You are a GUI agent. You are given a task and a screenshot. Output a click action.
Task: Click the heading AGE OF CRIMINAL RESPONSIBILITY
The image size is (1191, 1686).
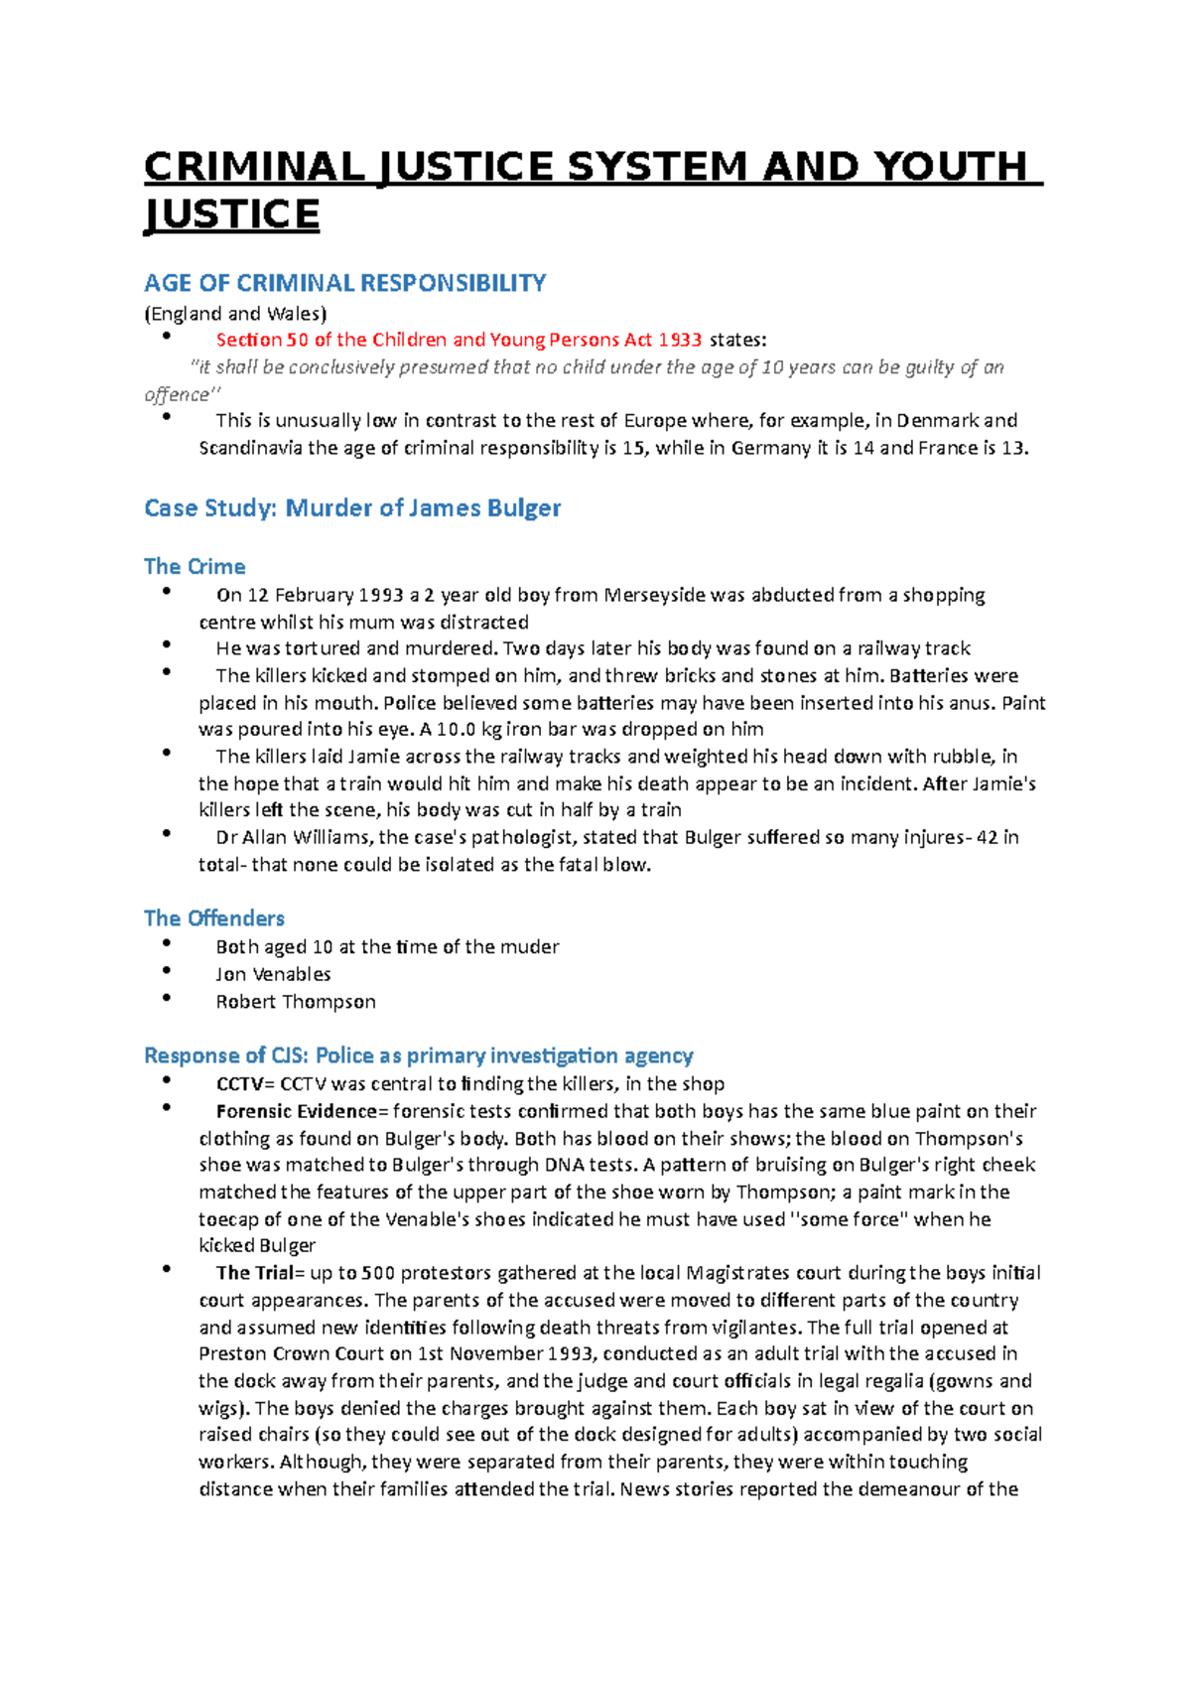coord(344,283)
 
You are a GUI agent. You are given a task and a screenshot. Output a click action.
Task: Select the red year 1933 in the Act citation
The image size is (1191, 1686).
coord(680,340)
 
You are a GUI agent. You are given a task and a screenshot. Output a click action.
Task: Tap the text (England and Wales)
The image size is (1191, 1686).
coord(235,314)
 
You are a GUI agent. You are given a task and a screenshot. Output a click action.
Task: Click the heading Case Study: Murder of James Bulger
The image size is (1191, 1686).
coord(352,508)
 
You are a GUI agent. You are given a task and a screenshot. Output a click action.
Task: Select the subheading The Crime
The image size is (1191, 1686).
coord(195,567)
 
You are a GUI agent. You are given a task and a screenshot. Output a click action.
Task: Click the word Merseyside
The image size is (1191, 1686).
coord(655,595)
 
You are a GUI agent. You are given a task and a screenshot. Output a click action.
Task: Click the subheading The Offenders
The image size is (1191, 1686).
coord(214,918)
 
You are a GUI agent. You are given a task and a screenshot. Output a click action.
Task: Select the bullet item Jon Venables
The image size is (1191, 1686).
coord(273,974)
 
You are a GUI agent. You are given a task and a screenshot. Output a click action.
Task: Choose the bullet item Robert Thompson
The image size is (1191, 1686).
coord(296,1002)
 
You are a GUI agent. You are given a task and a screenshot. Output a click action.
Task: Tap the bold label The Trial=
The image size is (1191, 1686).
coord(254,1273)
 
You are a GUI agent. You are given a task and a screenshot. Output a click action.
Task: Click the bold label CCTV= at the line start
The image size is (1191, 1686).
coord(244,1084)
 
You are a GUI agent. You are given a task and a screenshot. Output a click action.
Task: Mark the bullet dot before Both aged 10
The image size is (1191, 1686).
coord(167,943)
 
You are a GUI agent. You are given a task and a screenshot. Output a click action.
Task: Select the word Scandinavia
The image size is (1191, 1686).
coord(250,448)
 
